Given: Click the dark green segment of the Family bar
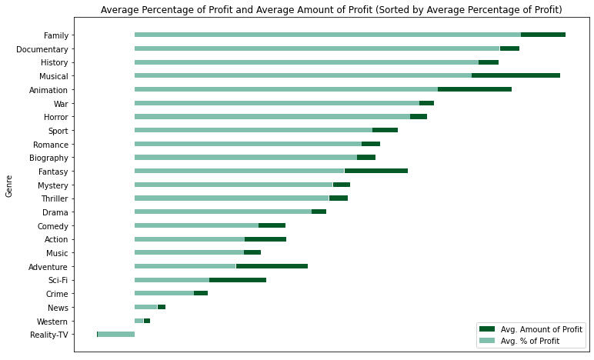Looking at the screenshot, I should click(x=543, y=35).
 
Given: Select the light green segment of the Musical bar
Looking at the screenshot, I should click(x=303, y=76).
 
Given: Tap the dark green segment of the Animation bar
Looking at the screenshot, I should click(x=475, y=89).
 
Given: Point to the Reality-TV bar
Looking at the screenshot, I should click(x=116, y=334).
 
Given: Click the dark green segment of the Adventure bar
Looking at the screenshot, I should click(x=272, y=266).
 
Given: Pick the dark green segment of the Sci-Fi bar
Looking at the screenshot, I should click(x=238, y=280).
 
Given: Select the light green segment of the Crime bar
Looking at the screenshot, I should click(x=164, y=293).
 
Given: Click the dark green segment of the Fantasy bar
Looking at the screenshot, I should click(x=376, y=171).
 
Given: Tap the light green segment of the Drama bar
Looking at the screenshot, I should click(x=223, y=212).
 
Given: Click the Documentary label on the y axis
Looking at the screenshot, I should click(x=42, y=49).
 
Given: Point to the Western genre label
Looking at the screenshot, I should click(x=52, y=321).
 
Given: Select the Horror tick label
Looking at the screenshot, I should click(x=55, y=117).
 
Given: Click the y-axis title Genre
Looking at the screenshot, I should click(x=9, y=185).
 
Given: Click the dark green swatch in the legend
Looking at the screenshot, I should click(x=486, y=329).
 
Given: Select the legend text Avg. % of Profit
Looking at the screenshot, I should click(x=529, y=341).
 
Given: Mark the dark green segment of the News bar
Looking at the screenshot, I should click(x=162, y=307).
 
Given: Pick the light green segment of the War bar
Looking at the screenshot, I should click(x=277, y=103).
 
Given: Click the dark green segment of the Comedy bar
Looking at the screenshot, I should click(x=272, y=225).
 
